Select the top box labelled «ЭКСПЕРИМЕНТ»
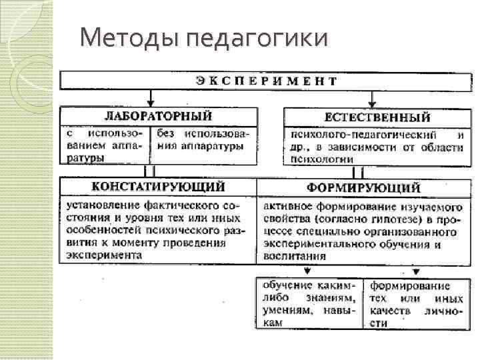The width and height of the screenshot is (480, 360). coord(266,81)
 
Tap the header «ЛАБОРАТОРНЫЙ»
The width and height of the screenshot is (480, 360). coord(158,117)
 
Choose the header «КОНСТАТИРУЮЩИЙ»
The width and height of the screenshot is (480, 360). coord(158,186)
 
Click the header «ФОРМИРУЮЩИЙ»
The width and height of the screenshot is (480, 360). coord(363,187)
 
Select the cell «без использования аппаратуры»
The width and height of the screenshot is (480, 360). coord(203,141)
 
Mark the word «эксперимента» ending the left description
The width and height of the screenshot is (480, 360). coord(103,255)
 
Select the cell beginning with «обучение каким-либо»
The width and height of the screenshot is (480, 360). coord(309,303)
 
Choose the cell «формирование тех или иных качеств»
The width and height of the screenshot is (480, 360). coord(415,303)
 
